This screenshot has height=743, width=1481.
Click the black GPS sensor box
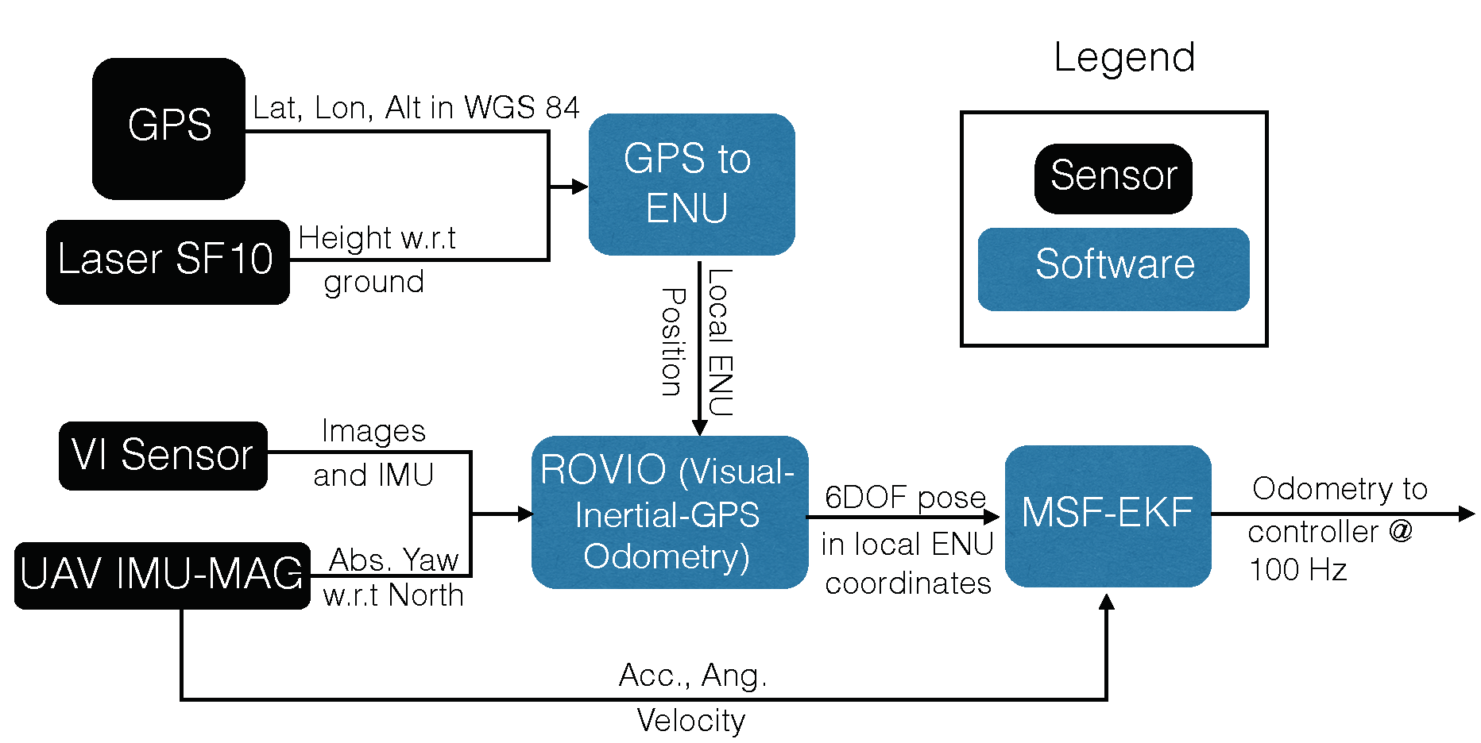pyautogui.click(x=168, y=128)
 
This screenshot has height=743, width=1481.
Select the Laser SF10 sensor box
pyautogui.click(x=167, y=261)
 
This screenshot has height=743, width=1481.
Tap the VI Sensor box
pyautogui.click(x=163, y=456)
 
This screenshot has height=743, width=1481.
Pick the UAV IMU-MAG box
pyautogui.click(x=161, y=576)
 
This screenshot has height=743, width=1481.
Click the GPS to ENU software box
pyautogui.click(x=690, y=184)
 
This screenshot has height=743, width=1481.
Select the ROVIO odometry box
pyautogui.click(x=669, y=512)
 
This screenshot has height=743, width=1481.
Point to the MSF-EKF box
pyautogui.click(x=1108, y=515)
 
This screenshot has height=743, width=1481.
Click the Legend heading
pyautogui.click(x=1123, y=57)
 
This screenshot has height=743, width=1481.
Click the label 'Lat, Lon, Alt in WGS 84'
pyautogui.click(x=416, y=108)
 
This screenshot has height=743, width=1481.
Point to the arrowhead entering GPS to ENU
pyautogui.click(x=580, y=187)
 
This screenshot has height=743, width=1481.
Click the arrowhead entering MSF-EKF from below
pyautogui.click(x=1106, y=602)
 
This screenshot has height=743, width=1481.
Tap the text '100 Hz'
pyautogui.click(x=1297, y=570)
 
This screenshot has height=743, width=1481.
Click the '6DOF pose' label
pyautogui.click(x=905, y=498)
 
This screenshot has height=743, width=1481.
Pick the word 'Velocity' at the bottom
pyautogui.click(x=691, y=721)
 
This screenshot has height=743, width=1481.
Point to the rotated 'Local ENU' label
pyautogui.click(x=720, y=342)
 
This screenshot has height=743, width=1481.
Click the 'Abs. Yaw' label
pyautogui.click(x=394, y=560)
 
